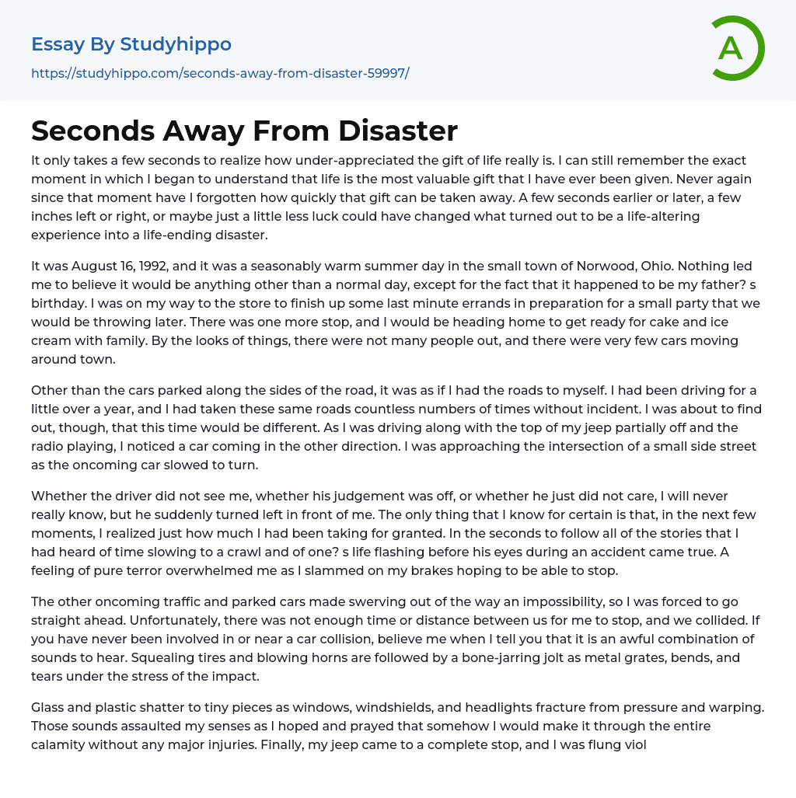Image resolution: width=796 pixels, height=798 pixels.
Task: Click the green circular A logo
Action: pyautogui.click(x=737, y=48)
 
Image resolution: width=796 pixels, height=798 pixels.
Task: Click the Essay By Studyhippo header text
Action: pyautogui.click(x=131, y=44)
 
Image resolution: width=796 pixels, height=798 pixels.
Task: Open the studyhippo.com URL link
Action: pyautogui.click(x=220, y=74)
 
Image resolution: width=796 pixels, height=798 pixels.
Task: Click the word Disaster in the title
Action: pyautogui.click(x=397, y=131)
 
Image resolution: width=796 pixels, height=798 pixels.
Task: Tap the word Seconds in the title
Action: pyautogui.click(x=92, y=131)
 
